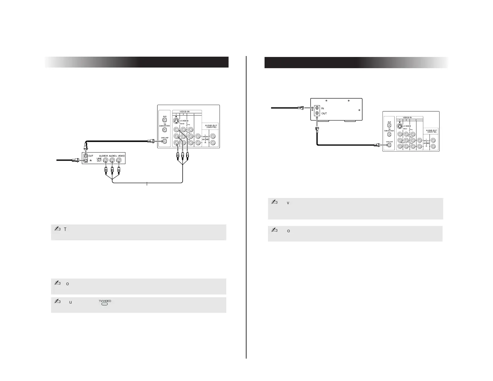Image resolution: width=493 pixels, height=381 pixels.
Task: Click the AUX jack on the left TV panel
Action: pyautogui.click(x=165, y=120)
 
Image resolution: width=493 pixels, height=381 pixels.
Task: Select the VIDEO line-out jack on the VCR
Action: pyautogui.click(x=119, y=161)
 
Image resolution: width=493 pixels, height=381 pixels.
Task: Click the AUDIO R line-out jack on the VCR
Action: pyautogui.click(x=106, y=161)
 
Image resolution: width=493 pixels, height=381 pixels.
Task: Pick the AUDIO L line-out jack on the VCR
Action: pyautogui.click(x=112, y=161)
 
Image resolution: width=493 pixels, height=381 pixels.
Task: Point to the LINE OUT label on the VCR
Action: pyautogui.click(x=99, y=159)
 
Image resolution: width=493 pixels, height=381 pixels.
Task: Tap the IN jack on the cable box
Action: pyautogui.click(x=317, y=108)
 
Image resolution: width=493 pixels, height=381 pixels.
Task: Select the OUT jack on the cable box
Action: pyautogui.click(x=317, y=113)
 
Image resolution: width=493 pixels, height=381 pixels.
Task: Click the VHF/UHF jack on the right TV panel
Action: pyautogui.click(x=389, y=145)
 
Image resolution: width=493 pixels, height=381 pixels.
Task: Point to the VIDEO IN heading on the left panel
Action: pyautogui.click(x=187, y=111)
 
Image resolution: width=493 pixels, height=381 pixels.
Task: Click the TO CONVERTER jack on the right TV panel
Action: pyautogui.click(x=389, y=134)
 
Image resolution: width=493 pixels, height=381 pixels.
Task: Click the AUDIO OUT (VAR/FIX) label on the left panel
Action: pyautogui.click(x=211, y=126)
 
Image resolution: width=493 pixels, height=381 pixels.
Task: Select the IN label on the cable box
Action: pyautogui.click(x=322, y=108)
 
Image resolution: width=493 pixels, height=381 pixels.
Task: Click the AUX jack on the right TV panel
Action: pyautogui.click(x=389, y=125)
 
